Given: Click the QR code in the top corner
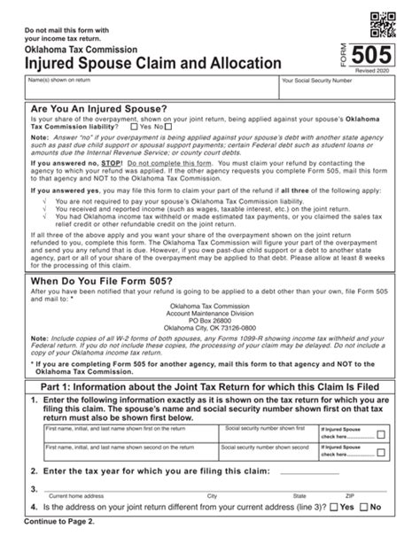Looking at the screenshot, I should pyautogui.click(x=381, y=18).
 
